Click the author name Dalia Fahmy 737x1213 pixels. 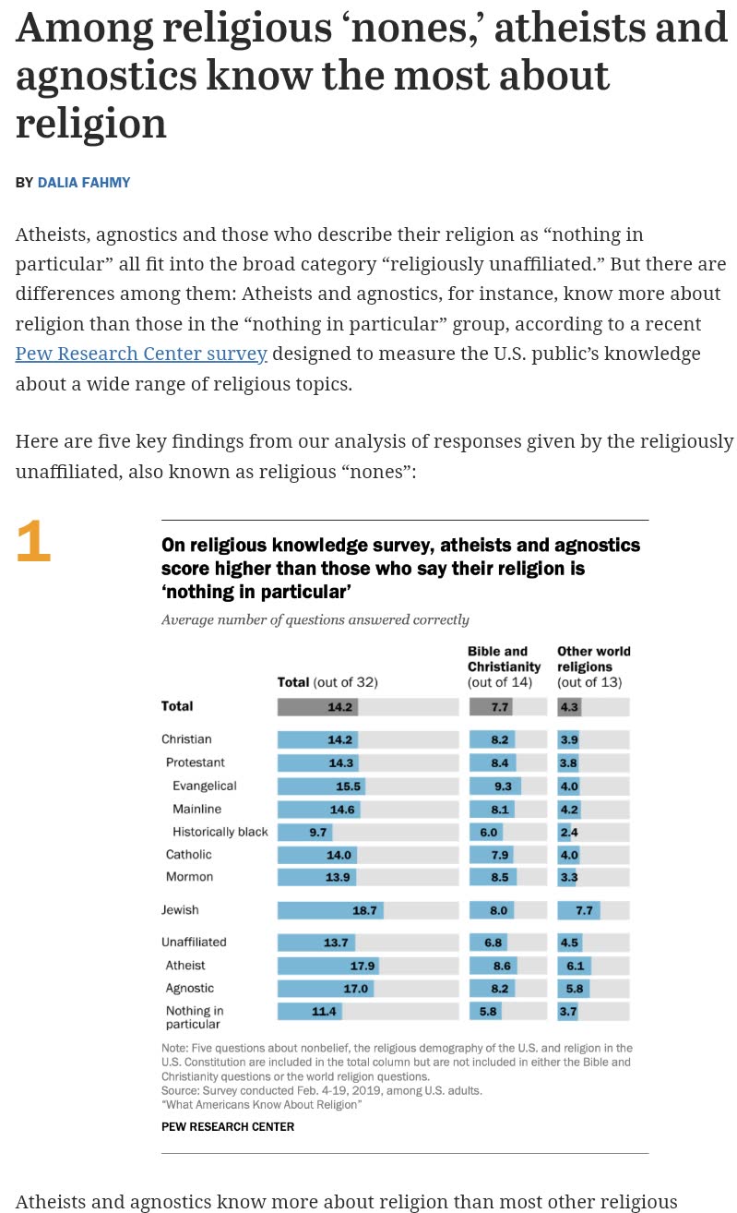pyautogui.click(x=83, y=183)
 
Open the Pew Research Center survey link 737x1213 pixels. pyautogui.click(x=141, y=354)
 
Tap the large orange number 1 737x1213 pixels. pyautogui.click(x=33, y=542)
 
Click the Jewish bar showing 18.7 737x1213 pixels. pyautogui.click(x=330, y=910)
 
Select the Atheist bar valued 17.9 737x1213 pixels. pyautogui.click(x=327, y=966)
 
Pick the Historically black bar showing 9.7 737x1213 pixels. pyautogui.click(x=304, y=832)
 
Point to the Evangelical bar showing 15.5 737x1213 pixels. pyautogui.click(x=321, y=786)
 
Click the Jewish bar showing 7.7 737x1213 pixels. pyautogui.click(x=578, y=910)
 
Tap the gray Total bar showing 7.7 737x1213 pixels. pyautogui.click(x=491, y=707)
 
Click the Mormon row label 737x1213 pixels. pyautogui.click(x=189, y=877)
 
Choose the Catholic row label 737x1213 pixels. pyautogui.click(x=188, y=855)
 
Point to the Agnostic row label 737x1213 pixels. pyautogui.click(x=189, y=989)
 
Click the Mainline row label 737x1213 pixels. pyautogui.click(x=196, y=810)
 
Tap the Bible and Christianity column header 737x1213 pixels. pyautogui.click(x=504, y=667)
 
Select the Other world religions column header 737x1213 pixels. pyautogui.click(x=593, y=667)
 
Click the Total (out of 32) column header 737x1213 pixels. pyautogui.click(x=327, y=682)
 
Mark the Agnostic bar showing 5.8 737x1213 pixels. pyautogui.click(x=573, y=989)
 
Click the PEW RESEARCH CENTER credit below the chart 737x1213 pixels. pyautogui.click(x=228, y=1126)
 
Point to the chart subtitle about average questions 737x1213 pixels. pyautogui.click(x=315, y=619)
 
